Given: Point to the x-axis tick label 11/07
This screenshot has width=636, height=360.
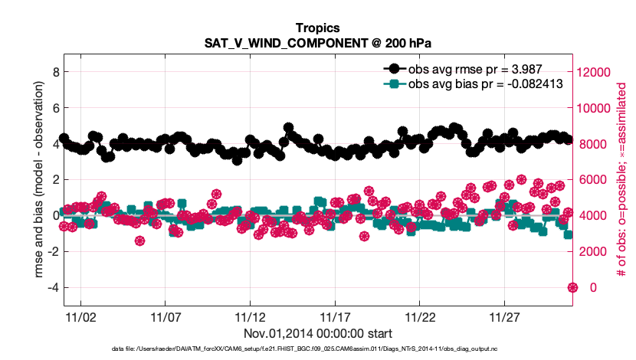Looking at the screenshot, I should pos(165,316).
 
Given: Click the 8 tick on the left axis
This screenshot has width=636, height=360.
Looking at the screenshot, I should pos(55,72).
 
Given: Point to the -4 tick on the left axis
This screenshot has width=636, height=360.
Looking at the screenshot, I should pos(53,287).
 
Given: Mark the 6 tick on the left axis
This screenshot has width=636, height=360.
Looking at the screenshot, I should pos(55,108).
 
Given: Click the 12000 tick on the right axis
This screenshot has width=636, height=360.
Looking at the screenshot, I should pos(597,72).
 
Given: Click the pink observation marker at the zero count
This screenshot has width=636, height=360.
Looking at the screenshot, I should pos(572,287).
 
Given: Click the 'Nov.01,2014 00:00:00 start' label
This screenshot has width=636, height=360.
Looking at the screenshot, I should pos(318,333).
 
